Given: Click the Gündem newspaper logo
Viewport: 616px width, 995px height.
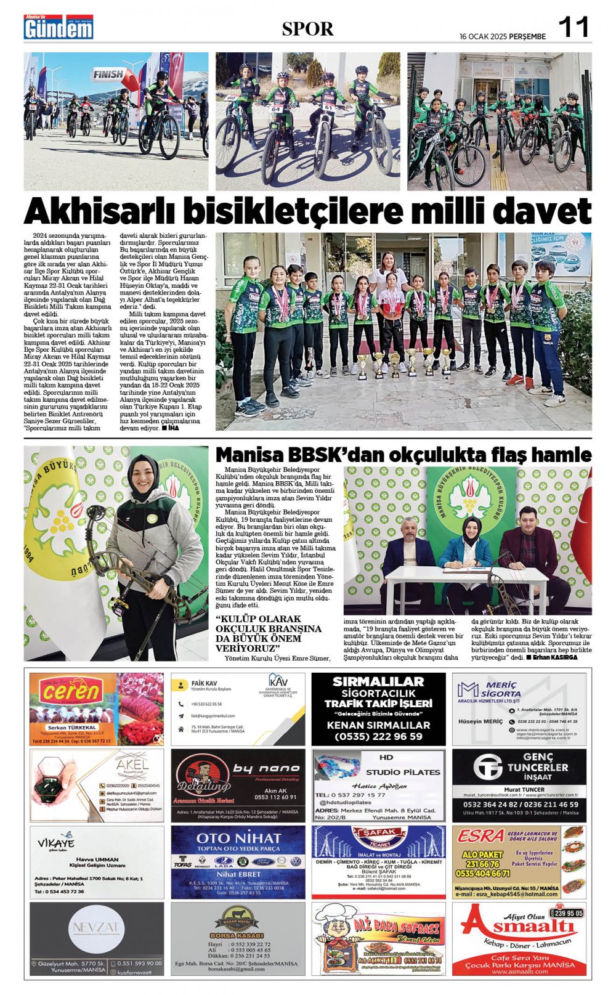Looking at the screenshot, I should (59, 28).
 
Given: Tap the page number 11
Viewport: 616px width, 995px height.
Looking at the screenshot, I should (573, 28).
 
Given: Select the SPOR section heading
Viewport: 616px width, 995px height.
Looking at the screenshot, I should (307, 29).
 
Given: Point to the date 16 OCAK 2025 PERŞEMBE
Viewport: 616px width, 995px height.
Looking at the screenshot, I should (503, 36).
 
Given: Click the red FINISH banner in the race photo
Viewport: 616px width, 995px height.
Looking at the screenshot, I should (111, 75).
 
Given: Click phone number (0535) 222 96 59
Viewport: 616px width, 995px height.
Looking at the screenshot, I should (378, 736).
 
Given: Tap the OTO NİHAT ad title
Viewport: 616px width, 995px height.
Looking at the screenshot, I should (238, 839).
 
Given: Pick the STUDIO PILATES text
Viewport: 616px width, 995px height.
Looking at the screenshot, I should (403, 771).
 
